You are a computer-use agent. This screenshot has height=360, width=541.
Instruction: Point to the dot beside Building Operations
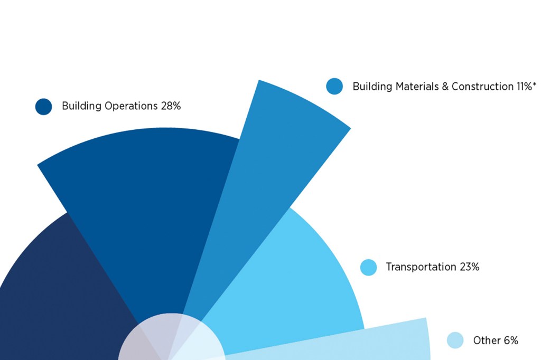tap(43, 106)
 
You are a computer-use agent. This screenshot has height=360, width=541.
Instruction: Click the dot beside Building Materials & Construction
tap(334, 86)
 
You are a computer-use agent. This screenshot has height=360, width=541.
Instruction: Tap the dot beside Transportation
tap(368, 267)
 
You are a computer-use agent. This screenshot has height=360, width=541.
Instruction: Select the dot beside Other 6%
tap(455, 340)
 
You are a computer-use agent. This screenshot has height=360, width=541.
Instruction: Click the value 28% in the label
tap(171, 106)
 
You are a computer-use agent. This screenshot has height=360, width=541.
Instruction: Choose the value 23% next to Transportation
tap(470, 267)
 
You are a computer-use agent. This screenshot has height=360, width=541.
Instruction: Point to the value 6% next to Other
tap(511, 340)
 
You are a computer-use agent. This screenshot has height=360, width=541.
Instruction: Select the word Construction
tap(482, 87)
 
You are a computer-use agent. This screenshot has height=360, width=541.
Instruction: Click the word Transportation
tap(421, 267)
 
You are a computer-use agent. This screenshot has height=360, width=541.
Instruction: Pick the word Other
tap(486, 340)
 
